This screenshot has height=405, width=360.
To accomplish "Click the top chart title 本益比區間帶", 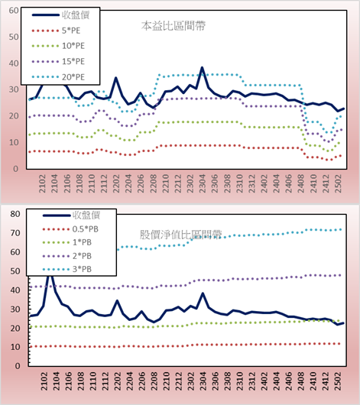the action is tap(174, 26).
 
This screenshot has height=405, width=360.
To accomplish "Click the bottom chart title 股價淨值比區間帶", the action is tap(180, 235).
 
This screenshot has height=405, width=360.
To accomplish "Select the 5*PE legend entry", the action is tap(56, 31).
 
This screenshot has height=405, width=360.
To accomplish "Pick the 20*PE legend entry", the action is tap(58, 77).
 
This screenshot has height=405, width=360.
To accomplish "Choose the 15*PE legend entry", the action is tap(58, 61).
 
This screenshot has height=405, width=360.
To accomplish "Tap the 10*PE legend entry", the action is tap(58, 46).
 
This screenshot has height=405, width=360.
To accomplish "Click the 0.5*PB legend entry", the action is tap(70, 229).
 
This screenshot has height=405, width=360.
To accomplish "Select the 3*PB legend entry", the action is tap(67, 269).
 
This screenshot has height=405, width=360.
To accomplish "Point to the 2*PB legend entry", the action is tap(67, 256).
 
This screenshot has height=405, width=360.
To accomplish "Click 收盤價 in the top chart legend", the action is tap(60, 15).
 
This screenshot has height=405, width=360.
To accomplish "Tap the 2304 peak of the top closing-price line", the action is tap(202, 67).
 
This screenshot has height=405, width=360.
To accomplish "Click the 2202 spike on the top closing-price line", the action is tap(115, 78).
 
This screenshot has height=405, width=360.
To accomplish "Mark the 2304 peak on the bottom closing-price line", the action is tap(203, 293).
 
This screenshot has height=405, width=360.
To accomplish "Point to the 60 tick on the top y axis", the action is tap(14, 11).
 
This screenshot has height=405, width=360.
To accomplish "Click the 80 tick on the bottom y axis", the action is tap(15, 214).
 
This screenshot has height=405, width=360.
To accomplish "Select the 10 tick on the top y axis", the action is tap(14, 142).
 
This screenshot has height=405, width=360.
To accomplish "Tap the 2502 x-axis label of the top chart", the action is tap(338, 183).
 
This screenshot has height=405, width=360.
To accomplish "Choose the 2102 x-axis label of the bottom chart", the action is tap(44, 381).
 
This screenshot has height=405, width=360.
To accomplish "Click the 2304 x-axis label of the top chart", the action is tap(202, 183).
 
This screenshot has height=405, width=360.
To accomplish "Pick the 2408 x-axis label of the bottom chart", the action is tap(301, 381).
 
